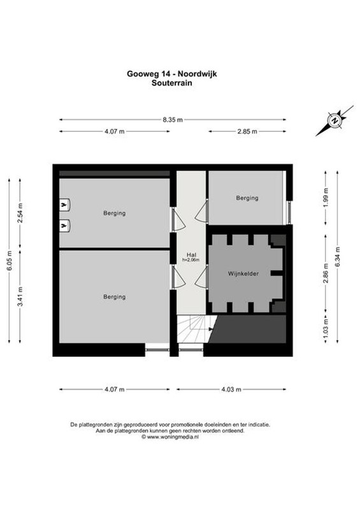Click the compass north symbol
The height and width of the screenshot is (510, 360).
[335, 120]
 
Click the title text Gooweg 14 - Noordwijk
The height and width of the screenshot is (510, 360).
[171, 74]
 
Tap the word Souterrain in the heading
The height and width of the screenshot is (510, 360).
[171, 83]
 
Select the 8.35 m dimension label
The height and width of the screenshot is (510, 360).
[173, 120]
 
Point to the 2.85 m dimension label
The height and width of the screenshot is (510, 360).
[247, 131]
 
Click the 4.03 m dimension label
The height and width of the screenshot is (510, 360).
[231, 390]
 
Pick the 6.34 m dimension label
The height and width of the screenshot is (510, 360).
[338, 257]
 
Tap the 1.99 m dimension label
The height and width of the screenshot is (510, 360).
[326, 198]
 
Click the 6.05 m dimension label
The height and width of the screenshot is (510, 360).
[9, 261]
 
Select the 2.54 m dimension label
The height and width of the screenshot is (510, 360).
[20, 213]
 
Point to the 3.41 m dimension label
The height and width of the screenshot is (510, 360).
[20, 296]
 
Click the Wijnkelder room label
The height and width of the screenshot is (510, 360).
[243, 273]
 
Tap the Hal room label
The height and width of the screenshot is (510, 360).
[191, 254]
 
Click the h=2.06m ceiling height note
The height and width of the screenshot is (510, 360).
[191, 260]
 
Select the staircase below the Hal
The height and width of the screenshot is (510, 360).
[194, 328]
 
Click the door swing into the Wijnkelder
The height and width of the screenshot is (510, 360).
[201, 276]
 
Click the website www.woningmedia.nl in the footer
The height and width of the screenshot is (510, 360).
[169, 437]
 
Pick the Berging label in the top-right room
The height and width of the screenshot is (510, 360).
[247, 198]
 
